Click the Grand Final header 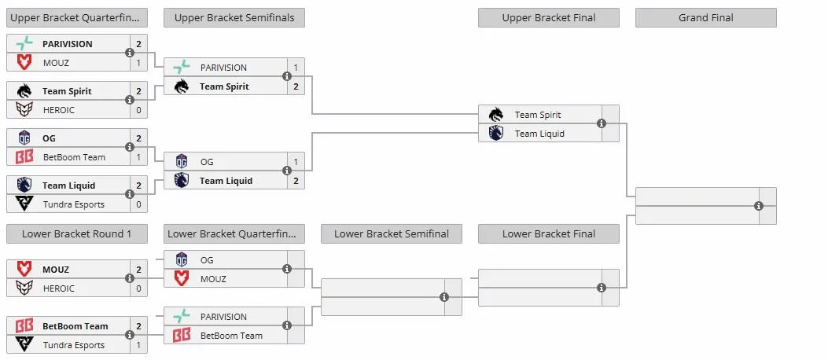coord(705,18)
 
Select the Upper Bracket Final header coord(549,18)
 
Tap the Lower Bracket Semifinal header coord(392,233)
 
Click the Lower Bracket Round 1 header coord(76,233)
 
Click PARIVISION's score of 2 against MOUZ coord(139,44)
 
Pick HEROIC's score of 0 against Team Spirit coord(139,110)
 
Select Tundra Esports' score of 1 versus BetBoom coord(139,345)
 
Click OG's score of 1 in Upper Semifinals coord(296,162)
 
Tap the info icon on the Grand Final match coord(759,206)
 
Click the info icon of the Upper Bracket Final coord(602,123)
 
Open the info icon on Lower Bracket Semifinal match coord(444,297)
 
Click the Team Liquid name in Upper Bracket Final coord(539,134)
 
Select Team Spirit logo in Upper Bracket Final coord(496,115)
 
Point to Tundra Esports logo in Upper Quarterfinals coord(24,204)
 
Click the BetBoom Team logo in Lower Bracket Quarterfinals coord(182,335)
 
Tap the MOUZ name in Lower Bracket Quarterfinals coord(213,279)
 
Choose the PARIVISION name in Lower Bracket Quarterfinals coord(223,317)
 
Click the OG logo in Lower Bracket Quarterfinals coord(182,259)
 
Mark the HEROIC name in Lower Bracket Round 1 coord(59,288)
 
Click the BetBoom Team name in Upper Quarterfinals coord(74,156)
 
